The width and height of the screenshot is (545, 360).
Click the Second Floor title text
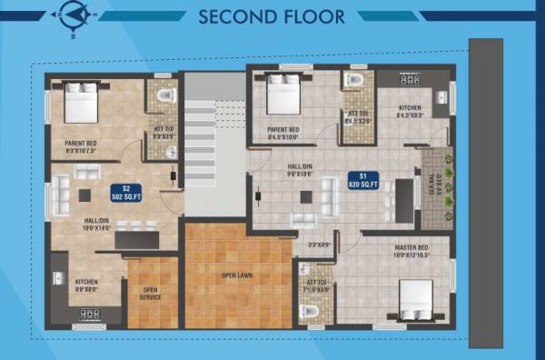[271, 16]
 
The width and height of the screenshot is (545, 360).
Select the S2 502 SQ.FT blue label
[123, 192]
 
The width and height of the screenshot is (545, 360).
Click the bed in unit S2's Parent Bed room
[81, 102]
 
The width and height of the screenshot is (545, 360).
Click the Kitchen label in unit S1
[411, 111]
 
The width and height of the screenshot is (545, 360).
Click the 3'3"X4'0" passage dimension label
[318, 245]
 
